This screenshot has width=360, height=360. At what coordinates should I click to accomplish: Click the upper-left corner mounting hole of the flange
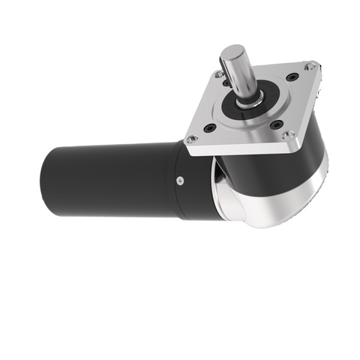218,74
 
